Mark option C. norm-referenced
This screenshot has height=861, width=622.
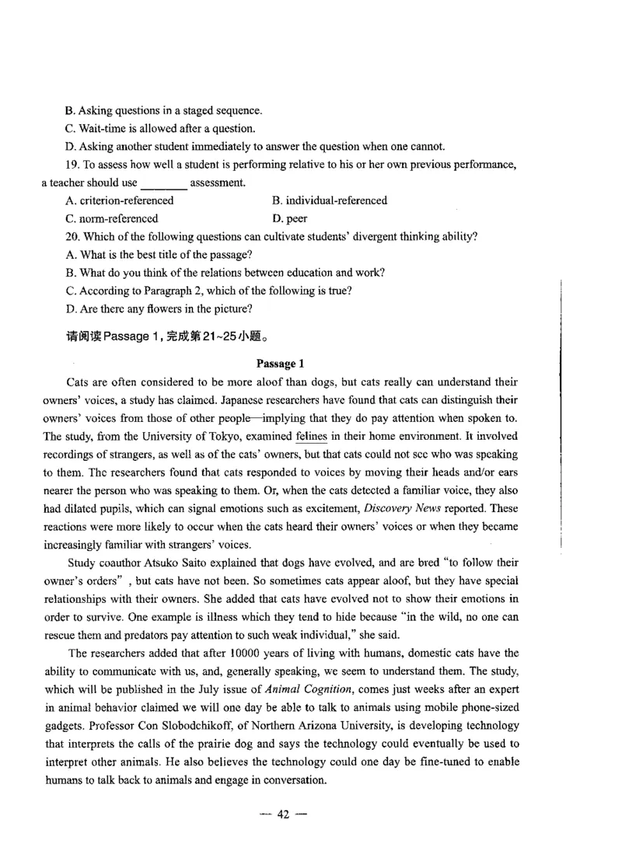click(112, 218)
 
